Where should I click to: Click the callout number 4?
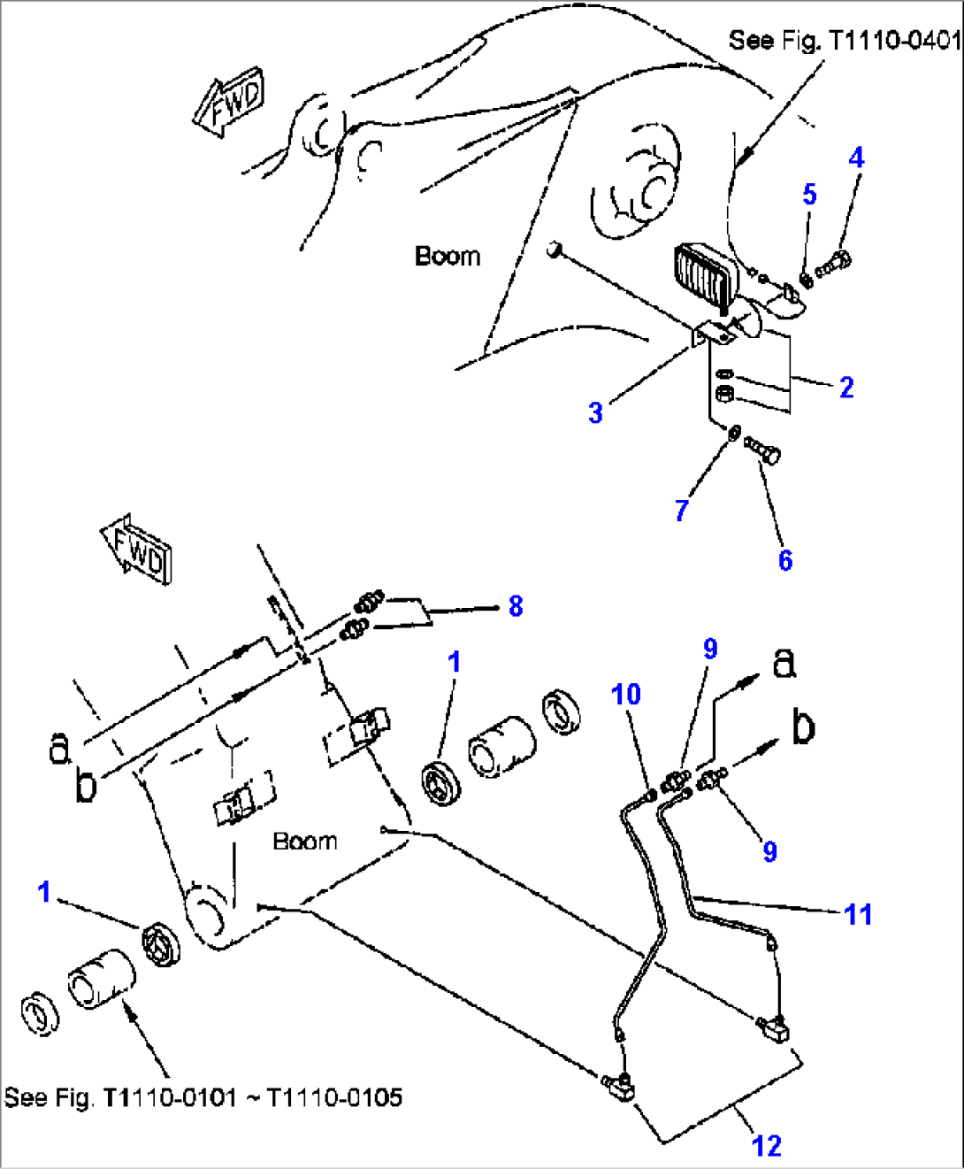click(855, 158)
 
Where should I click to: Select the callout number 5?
click(809, 195)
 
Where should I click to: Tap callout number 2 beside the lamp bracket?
click(846, 388)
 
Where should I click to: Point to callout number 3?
click(596, 412)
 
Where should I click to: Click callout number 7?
click(681, 511)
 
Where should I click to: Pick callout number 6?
click(785, 560)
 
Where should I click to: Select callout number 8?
click(516, 606)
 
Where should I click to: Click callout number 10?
click(626, 695)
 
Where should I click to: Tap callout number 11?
click(858, 914)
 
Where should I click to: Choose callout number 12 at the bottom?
click(767, 1146)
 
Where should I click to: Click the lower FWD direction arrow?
click(137, 551)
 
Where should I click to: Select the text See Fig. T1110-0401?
click(844, 40)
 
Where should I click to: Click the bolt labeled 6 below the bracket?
click(763, 450)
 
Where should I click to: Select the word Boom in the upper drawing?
click(448, 257)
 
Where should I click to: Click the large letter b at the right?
click(802, 727)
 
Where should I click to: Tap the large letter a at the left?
click(58, 747)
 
